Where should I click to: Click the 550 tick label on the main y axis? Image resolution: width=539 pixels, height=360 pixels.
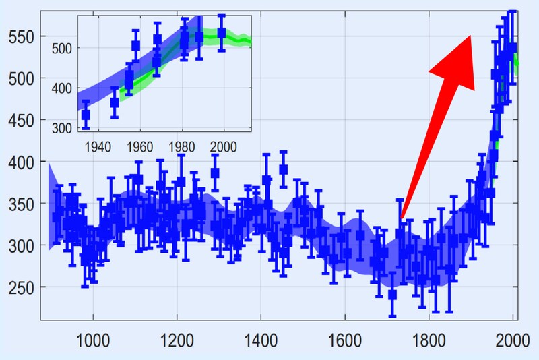click(20, 37)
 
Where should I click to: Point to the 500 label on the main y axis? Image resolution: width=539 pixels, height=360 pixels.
click(20, 79)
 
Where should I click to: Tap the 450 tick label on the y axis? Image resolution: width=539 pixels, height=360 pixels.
click(20, 121)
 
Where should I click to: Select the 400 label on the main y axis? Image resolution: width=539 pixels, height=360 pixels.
click(20, 162)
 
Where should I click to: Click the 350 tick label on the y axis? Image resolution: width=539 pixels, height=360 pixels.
click(20, 204)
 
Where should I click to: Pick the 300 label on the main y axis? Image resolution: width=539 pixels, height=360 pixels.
click(20, 246)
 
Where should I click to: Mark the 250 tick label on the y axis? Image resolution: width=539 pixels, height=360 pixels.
click(20, 288)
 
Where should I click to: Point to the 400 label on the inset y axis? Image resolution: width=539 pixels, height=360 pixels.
click(65, 88)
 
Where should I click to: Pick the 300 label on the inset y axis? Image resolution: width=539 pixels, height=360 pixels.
click(65, 127)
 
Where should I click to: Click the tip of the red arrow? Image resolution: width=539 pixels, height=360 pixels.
click(470, 36)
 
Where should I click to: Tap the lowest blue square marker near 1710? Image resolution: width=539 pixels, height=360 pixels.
click(393, 295)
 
